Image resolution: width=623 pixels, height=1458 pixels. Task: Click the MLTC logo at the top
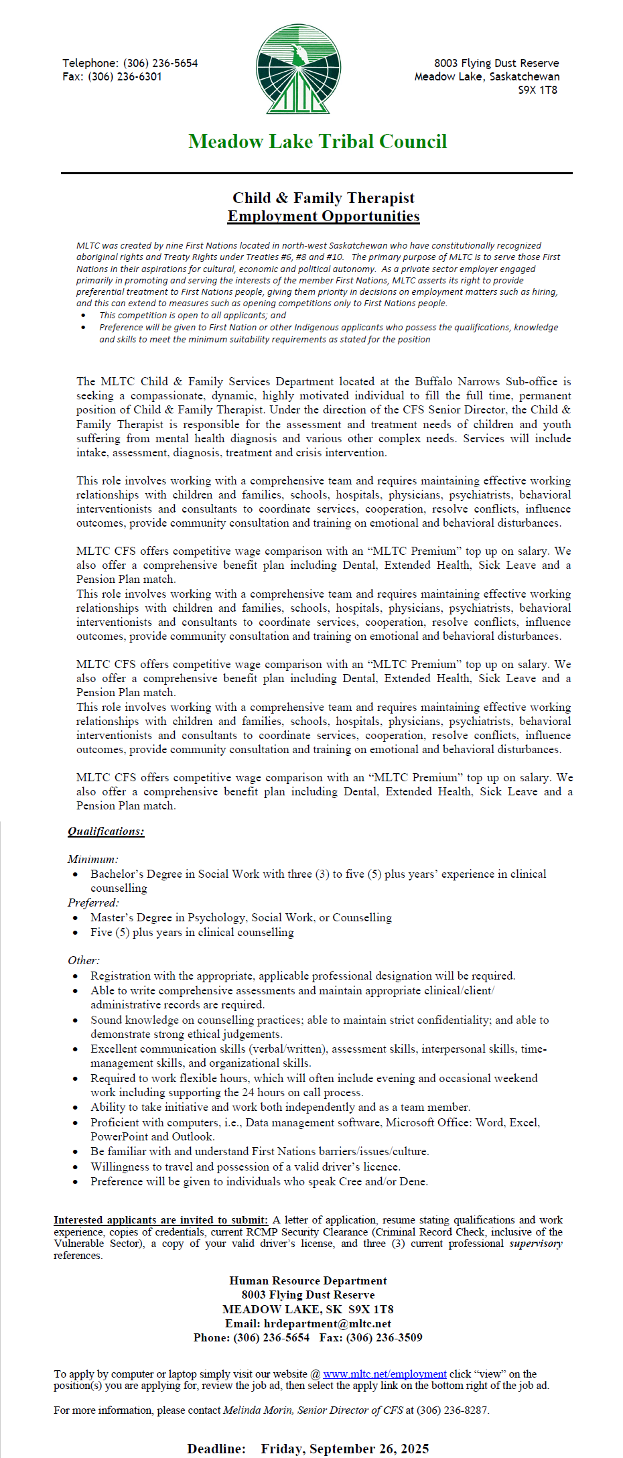coord(299,69)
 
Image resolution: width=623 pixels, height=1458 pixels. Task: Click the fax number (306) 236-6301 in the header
coord(125,76)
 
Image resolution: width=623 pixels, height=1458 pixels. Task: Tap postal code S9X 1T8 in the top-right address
coord(537,90)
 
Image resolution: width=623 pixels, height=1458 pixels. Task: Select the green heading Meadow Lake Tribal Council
coord(318,141)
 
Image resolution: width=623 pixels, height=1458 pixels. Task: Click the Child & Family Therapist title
coord(324,198)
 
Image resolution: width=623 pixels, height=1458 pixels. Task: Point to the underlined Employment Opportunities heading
coord(324,216)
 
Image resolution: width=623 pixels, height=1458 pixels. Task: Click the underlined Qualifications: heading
coord(106,831)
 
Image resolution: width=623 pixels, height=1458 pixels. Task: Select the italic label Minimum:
coord(92,859)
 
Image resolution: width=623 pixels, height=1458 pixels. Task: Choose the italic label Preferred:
coord(93,903)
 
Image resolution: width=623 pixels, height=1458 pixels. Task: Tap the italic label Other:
coord(84,960)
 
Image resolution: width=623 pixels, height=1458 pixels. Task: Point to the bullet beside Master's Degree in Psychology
coord(76,918)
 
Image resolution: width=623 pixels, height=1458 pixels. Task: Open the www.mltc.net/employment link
coord(385,1374)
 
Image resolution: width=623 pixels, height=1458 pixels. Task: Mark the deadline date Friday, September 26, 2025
coord(345,1449)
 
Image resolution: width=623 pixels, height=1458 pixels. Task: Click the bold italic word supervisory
coord(536,1244)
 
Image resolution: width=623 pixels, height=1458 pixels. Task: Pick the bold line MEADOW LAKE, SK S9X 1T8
coord(308,1309)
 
